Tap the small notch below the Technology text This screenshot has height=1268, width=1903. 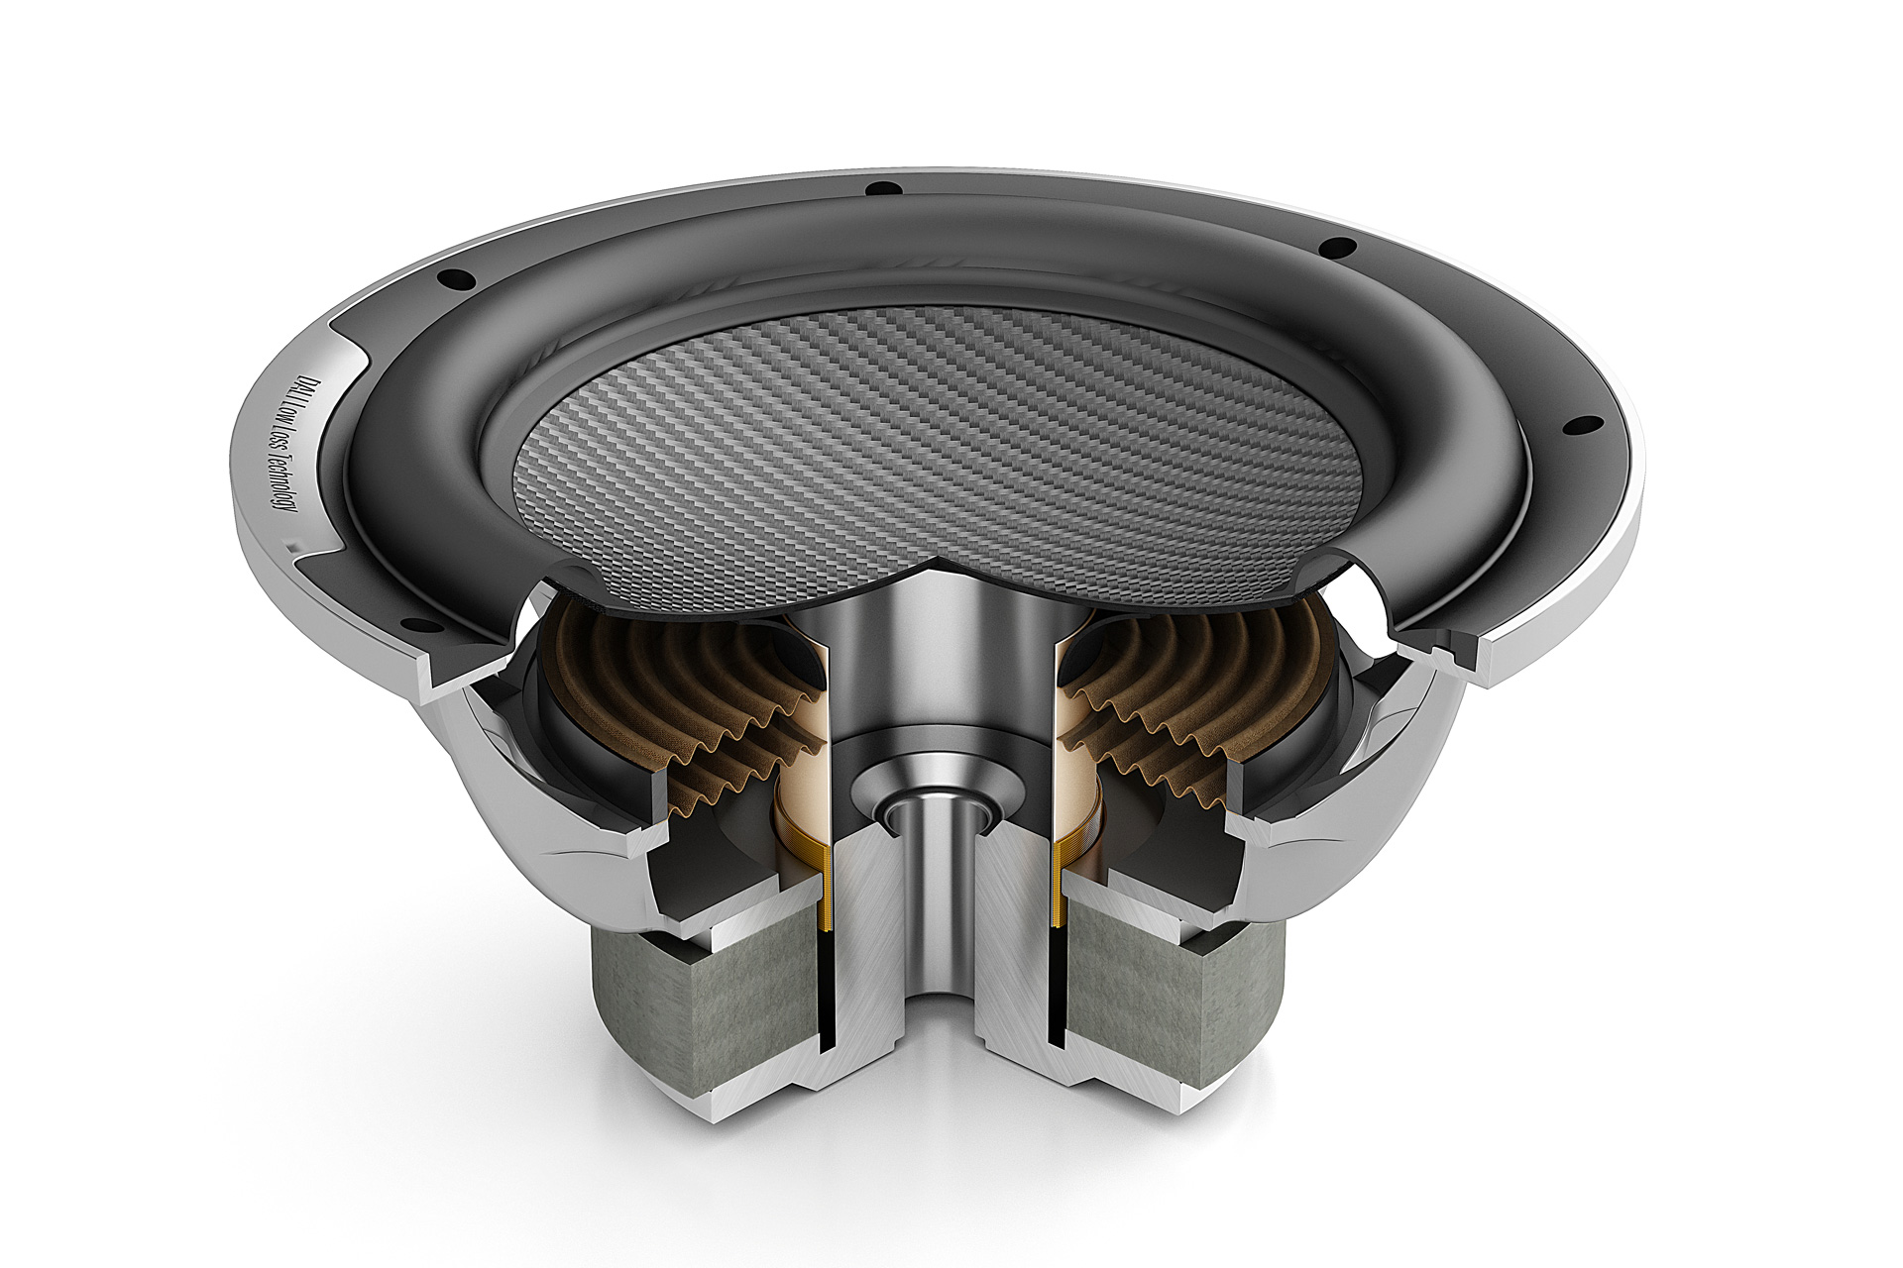tap(294, 544)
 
